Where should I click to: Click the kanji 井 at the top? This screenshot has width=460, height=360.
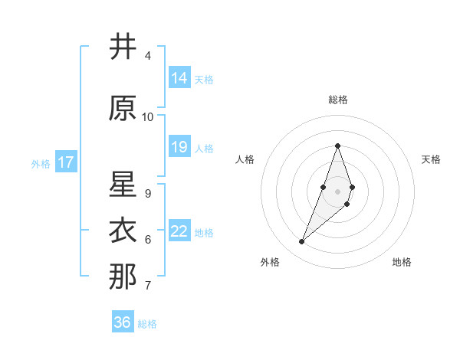point(123,47)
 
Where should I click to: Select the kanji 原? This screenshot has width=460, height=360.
point(123,109)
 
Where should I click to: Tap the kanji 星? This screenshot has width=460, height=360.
point(123,185)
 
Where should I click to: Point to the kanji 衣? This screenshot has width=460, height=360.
point(123,231)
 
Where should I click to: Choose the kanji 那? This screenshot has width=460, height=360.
point(123,277)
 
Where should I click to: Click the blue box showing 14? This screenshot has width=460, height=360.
point(179,77)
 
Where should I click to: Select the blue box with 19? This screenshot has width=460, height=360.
point(179,146)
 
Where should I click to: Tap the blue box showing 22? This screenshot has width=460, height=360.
point(179,231)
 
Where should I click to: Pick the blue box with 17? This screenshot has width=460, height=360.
point(65,162)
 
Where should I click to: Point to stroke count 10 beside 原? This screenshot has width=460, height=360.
point(148,117)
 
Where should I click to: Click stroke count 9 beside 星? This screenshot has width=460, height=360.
point(148,193)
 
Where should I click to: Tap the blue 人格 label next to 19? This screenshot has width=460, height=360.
point(204,148)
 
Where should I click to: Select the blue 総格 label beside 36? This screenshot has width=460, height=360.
point(147,324)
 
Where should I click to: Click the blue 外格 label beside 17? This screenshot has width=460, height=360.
point(41,163)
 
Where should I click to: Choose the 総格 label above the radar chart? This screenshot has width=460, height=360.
point(337,100)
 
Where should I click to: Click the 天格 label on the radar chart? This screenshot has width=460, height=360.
point(431,159)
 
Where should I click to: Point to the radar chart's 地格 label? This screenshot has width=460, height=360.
point(402,262)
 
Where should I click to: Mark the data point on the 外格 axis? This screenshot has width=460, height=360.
point(302,242)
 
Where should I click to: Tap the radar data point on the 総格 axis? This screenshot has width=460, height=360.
point(337,146)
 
